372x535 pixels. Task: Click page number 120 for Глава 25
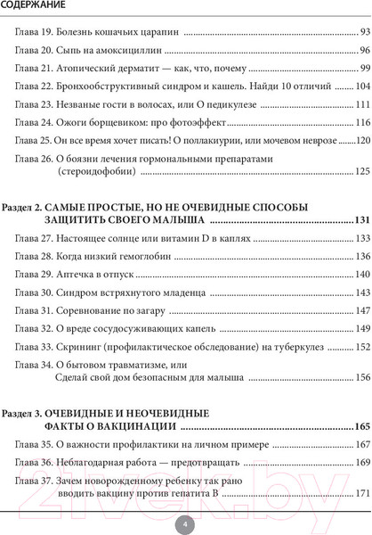(360, 140)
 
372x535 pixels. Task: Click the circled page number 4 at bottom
(185, 523)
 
